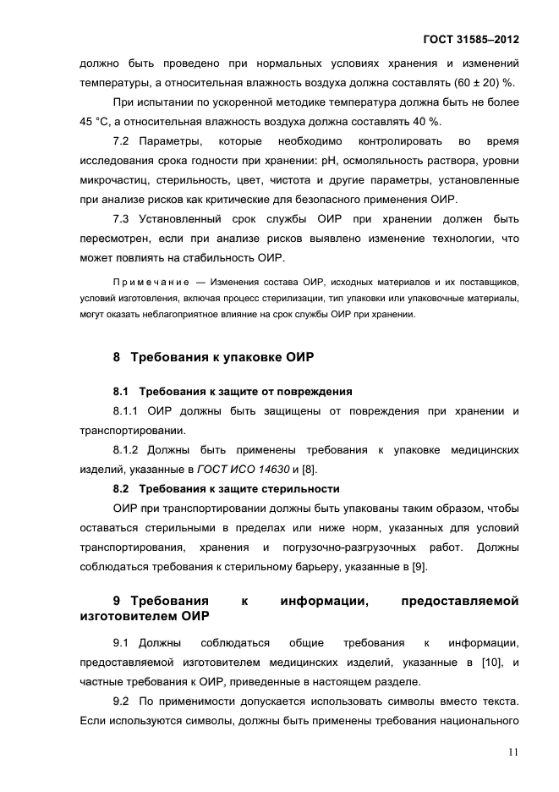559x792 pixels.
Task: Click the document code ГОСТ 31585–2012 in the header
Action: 472,40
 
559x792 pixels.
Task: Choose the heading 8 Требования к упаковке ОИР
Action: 213,356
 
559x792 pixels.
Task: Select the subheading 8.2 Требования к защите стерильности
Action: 227,488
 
